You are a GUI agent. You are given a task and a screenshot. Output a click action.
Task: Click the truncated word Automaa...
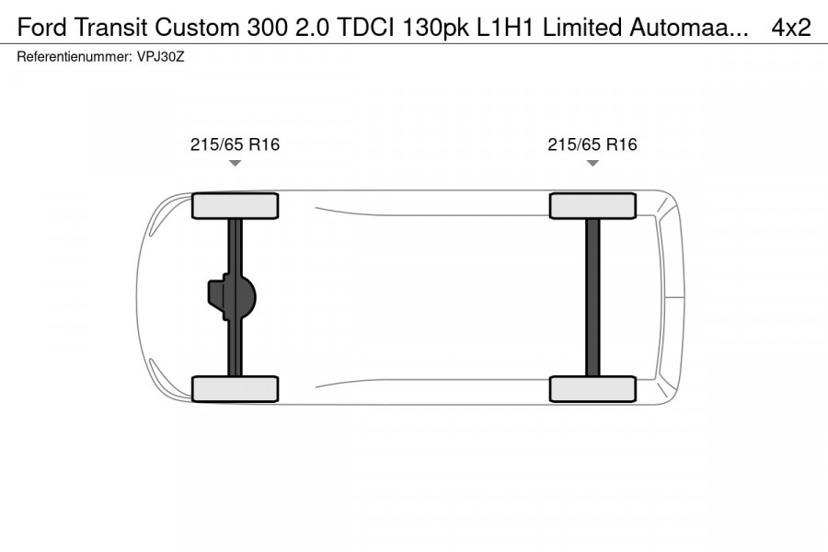tap(687, 28)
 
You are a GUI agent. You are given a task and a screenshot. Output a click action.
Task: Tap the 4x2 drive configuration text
tap(791, 28)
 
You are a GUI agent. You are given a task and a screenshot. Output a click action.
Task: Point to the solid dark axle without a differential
tap(592, 297)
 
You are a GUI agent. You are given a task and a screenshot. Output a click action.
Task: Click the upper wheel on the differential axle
tap(235, 205)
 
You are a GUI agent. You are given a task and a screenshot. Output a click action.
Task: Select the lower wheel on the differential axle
tap(235, 389)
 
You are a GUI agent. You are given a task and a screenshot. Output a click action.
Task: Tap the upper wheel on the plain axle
tap(592, 205)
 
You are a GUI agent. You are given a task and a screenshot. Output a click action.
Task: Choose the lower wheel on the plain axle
tap(592, 389)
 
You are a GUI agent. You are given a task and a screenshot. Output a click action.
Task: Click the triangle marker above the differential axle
tap(235, 164)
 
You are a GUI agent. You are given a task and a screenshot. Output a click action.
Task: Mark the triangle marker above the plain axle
tap(592, 164)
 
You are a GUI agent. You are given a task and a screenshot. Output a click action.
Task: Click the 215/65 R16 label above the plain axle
tap(592, 144)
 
